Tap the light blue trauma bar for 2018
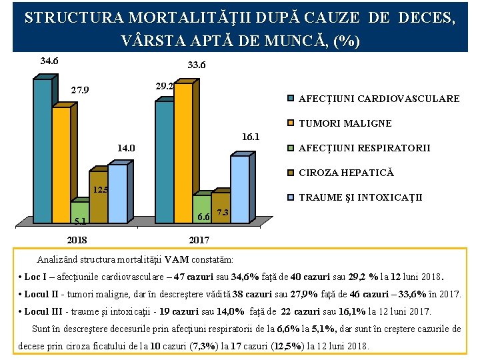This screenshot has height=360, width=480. click(117, 194)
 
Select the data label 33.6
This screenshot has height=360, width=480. click(197, 65)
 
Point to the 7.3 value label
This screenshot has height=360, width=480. click(223, 213)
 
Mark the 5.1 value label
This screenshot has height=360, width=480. click(80, 222)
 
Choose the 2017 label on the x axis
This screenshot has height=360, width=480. click(199, 240)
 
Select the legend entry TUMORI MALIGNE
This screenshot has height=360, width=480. click(345, 123)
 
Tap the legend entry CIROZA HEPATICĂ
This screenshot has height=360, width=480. click(346, 173)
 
